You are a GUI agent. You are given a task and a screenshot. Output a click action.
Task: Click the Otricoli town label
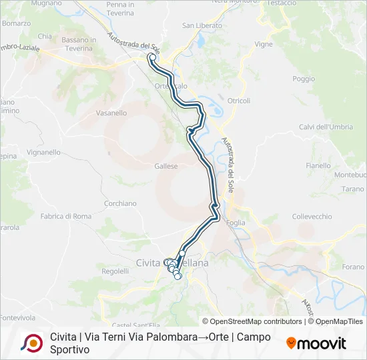pos(239,101)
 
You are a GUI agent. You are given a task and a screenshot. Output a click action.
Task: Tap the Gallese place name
pos(165,166)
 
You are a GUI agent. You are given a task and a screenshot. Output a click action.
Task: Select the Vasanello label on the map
pos(111,113)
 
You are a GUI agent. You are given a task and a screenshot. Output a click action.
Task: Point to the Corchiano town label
pos(120,203)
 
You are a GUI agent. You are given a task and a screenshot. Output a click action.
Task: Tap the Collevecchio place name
pos(312,217)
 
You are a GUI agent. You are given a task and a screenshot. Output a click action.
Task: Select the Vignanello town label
pos(44,152)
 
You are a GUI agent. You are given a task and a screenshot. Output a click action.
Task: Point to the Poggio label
pos(304,79)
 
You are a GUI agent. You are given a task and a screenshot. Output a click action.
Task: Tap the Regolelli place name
pos(115,271)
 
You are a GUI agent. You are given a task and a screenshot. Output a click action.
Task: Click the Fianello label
pos(318,165)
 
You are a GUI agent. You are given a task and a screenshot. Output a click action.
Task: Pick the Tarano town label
pos(352,189)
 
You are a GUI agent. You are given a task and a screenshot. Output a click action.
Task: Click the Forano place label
pos(353,267)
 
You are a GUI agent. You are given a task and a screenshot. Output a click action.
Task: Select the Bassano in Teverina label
pos(79,44)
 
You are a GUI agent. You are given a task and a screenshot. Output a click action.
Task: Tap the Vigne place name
pos(264,44)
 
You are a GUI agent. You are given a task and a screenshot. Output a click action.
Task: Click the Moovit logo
pos(316,343)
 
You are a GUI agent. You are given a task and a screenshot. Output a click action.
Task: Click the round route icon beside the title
pos(31,343)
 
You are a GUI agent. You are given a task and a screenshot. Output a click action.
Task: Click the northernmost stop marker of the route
pos(152,57)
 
